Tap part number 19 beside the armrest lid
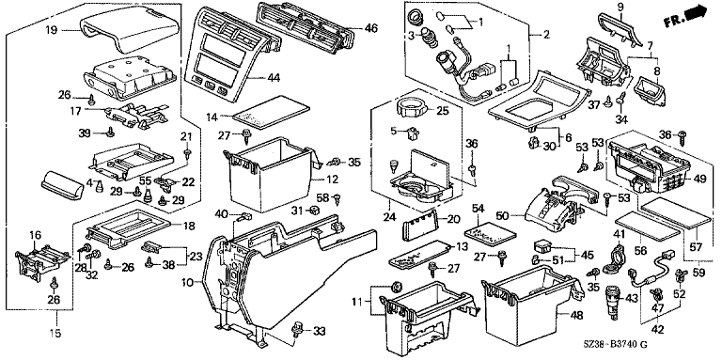(52, 31)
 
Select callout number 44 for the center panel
(274, 77)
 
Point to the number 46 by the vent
(370, 28)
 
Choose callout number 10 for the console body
(189, 282)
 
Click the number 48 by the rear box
(576, 315)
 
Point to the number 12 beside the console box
(333, 180)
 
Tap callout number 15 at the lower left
(55, 333)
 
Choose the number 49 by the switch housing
(699, 180)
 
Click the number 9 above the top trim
(620, 8)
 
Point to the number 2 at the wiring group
(547, 34)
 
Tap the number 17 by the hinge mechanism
(76, 111)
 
